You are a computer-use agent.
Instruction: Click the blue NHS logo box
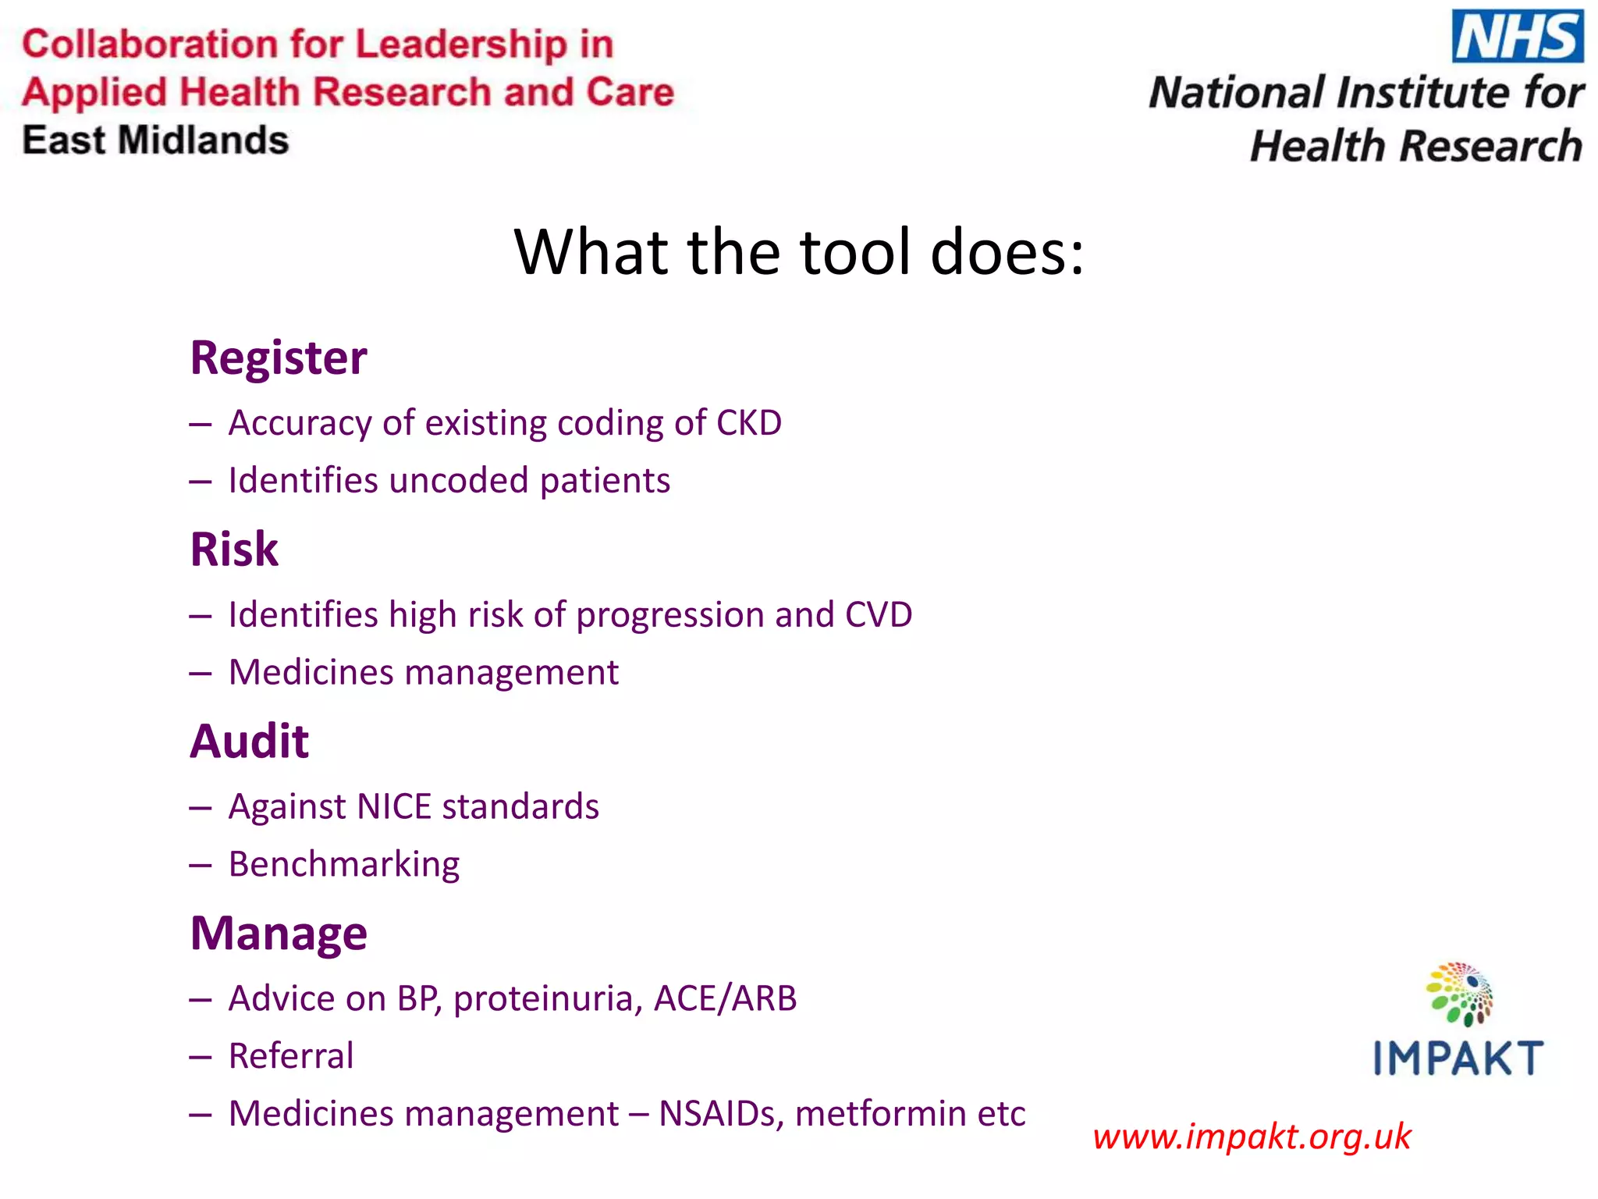coord(1517,37)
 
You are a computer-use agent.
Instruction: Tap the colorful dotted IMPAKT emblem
coord(1459,994)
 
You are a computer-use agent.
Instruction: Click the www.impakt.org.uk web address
coord(1252,1137)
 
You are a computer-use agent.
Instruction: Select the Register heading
coord(279,358)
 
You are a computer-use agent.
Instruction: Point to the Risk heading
coord(234,549)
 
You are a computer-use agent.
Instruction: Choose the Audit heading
coord(250,741)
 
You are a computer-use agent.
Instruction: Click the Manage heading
coord(279,934)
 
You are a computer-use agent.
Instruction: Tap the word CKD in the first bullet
coord(748,423)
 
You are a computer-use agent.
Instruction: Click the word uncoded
coord(458,481)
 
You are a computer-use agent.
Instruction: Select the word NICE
coord(394,807)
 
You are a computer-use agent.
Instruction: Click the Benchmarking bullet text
coord(344,865)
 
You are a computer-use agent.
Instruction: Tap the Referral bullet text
coord(291,1056)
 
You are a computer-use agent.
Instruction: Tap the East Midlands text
coord(155,141)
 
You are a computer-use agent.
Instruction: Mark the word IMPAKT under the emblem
coord(1458,1058)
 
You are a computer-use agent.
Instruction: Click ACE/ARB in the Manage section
coord(725,999)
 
